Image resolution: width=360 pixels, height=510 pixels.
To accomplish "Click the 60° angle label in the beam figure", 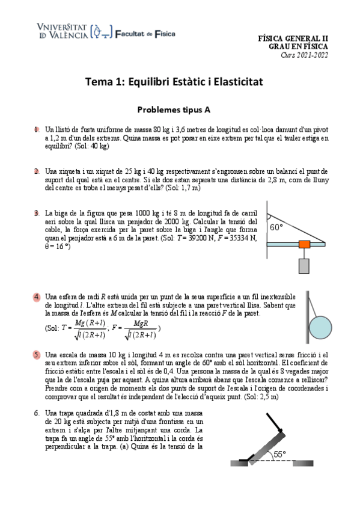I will click(276, 227).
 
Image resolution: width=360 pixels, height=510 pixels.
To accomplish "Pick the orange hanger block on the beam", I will click(304, 244).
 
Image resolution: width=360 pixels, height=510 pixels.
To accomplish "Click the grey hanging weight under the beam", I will click(304, 265).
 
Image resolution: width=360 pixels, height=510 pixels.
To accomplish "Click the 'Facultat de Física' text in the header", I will click(144, 34).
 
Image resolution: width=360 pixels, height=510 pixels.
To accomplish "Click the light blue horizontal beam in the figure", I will click(282, 244).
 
